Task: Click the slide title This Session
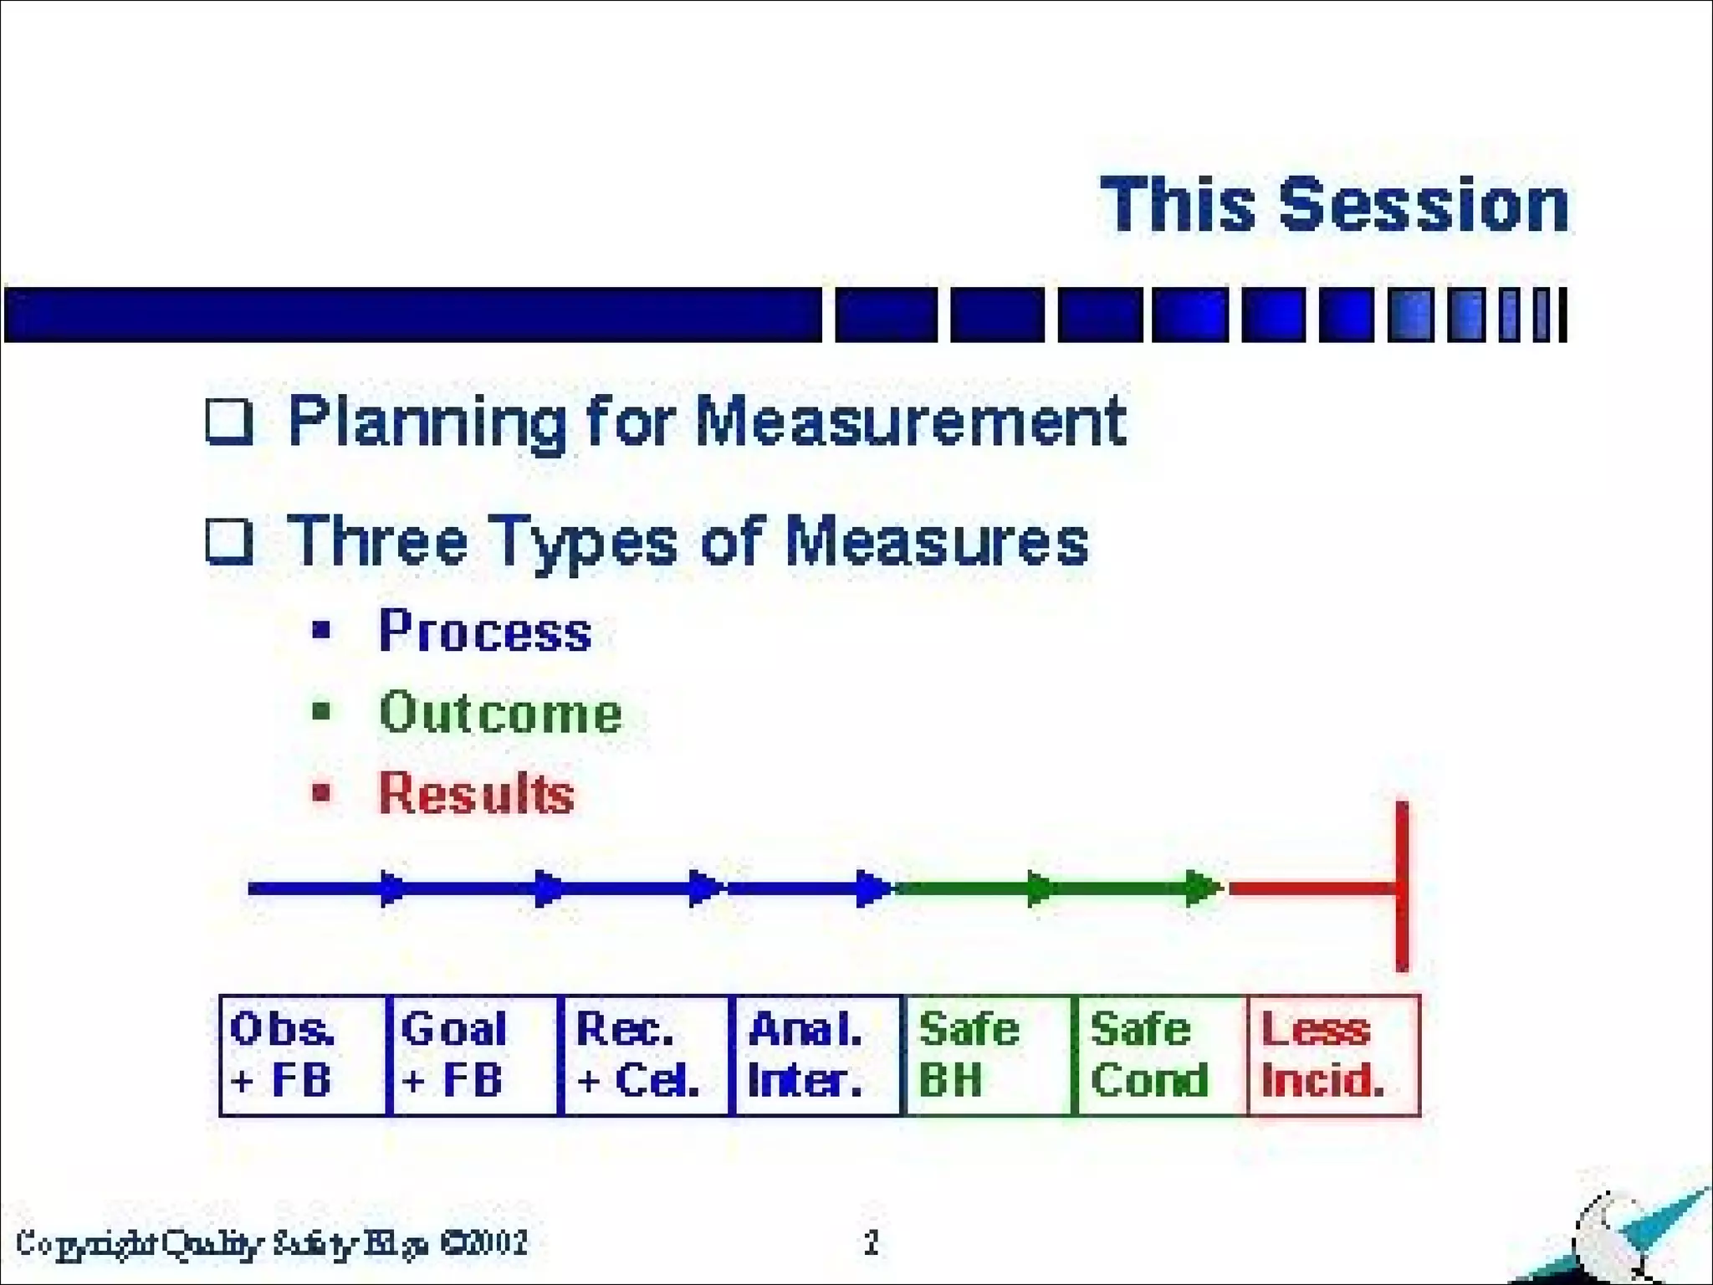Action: [x=1334, y=205]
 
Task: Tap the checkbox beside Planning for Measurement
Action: [x=229, y=422]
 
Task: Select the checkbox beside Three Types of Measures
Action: [x=229, y=542]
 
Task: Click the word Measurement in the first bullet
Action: [x=910, y=422]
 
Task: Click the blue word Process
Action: [x=485, y=631]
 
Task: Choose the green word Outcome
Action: [x=500, y=713]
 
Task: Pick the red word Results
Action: [x=477, y=792]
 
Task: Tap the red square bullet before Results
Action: [x=321, y=791]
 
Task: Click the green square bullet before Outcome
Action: [x=321, y=712]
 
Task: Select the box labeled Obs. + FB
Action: [x=303, y=1055]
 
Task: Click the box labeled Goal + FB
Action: [x=474, y=1055]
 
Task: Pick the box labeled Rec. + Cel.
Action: [x=645, y=1055]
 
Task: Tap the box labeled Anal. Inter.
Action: [x=816, y=1055]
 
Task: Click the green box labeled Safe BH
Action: [x=988, y=1055]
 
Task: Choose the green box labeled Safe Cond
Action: [x=1159, y=1055]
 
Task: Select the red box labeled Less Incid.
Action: [x=1333, y=1055]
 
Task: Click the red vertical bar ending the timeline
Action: [x=1402, y=887]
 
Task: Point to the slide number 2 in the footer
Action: [x=872, y=1242]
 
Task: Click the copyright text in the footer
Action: [x=272, y=1243]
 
